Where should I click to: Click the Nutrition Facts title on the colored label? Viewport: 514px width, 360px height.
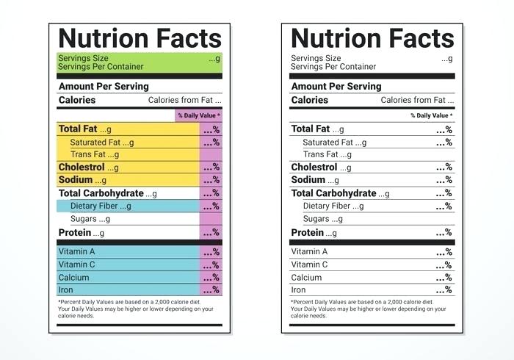[x=140, y=38]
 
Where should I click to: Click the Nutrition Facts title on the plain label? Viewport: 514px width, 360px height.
[x=372, y=38]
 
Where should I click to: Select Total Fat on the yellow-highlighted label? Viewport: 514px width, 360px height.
[x=78, y=129]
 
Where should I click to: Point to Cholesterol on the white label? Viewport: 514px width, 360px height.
[x=314, y=168]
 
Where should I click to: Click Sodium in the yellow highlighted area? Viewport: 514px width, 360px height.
[x=76, y=180]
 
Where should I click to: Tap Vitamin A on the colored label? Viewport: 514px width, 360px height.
[x=77, y=251]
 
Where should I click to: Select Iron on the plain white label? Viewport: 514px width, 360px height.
[x=298, y=290]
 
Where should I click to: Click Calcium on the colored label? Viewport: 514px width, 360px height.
[x=73, y=278]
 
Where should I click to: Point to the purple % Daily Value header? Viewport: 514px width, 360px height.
[x=198, y=115]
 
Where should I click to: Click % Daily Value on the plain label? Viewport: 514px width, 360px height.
[x=431, y=115]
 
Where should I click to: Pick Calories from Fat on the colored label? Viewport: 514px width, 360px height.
[x=184, y=100]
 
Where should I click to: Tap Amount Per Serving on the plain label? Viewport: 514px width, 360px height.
[x=336, y=86]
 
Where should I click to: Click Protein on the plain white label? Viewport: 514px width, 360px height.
[x=308, y=233]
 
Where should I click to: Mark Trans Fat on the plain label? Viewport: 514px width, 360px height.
[x=321, y=155]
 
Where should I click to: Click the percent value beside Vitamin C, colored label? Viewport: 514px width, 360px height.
[x=211, y=264]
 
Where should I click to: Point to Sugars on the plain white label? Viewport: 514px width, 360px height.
[x=316, y=219]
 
